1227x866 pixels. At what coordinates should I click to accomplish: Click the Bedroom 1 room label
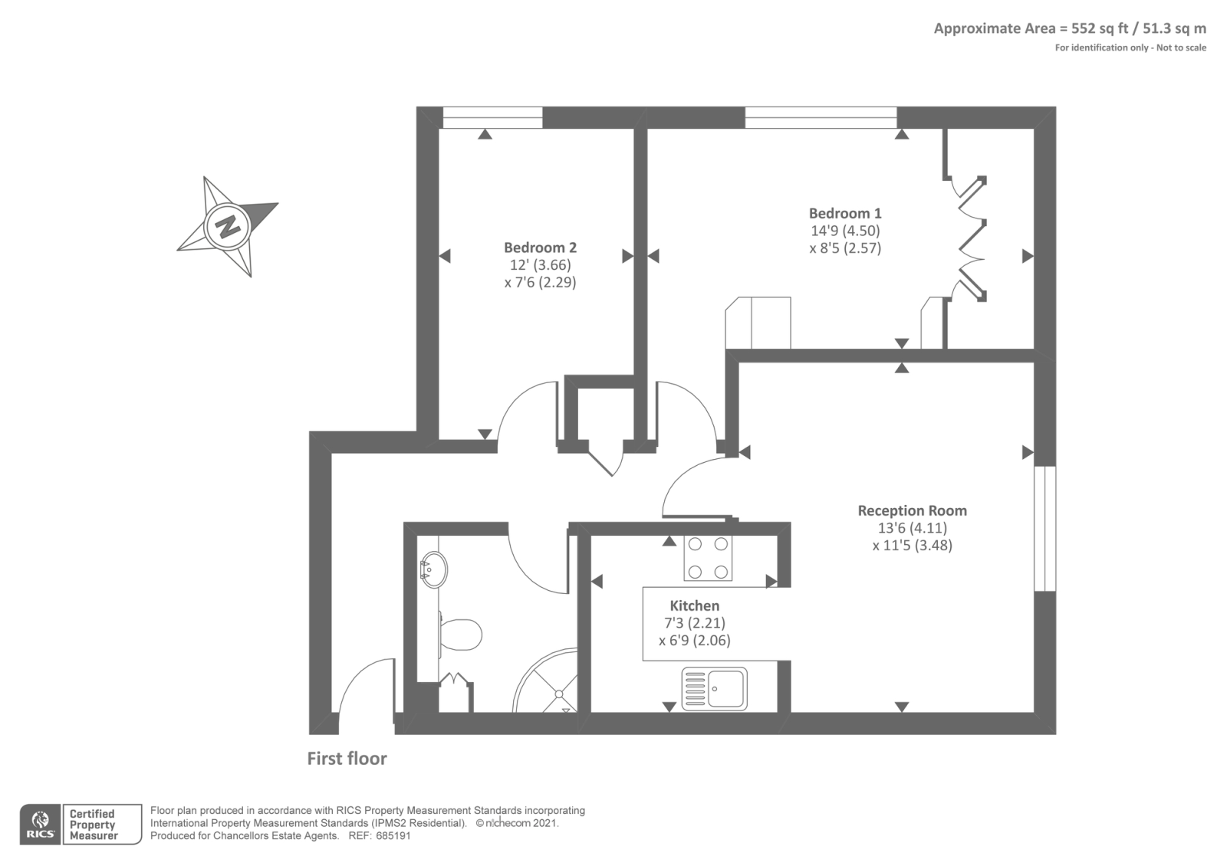point(845,213)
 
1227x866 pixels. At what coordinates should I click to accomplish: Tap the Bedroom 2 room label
point(540,248)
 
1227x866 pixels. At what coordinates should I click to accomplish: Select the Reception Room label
point(912,510)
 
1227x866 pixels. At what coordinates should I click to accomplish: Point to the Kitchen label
point(694,605)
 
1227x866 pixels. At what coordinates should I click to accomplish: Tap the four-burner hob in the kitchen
point(708,557)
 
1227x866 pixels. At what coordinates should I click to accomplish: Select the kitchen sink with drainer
point(714,688)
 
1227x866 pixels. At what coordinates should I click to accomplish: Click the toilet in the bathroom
point(459,635)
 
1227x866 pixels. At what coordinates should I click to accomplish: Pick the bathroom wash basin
point(433,569)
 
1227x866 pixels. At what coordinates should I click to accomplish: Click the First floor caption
point(347,759)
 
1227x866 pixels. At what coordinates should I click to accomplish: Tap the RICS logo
point(40,825)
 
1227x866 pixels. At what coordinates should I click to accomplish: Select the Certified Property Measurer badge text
point(93,825)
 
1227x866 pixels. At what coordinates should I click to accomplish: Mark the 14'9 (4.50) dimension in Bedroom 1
point(845,231)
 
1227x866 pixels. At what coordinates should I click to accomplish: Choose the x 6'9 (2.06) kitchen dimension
point(694,641)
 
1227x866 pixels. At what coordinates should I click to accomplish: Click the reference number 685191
point(393,836)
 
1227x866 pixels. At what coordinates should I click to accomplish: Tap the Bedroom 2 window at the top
point(492,117)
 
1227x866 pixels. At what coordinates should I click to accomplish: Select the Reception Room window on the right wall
point(1044,528)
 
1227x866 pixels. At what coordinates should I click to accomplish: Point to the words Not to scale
point(1181,48)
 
